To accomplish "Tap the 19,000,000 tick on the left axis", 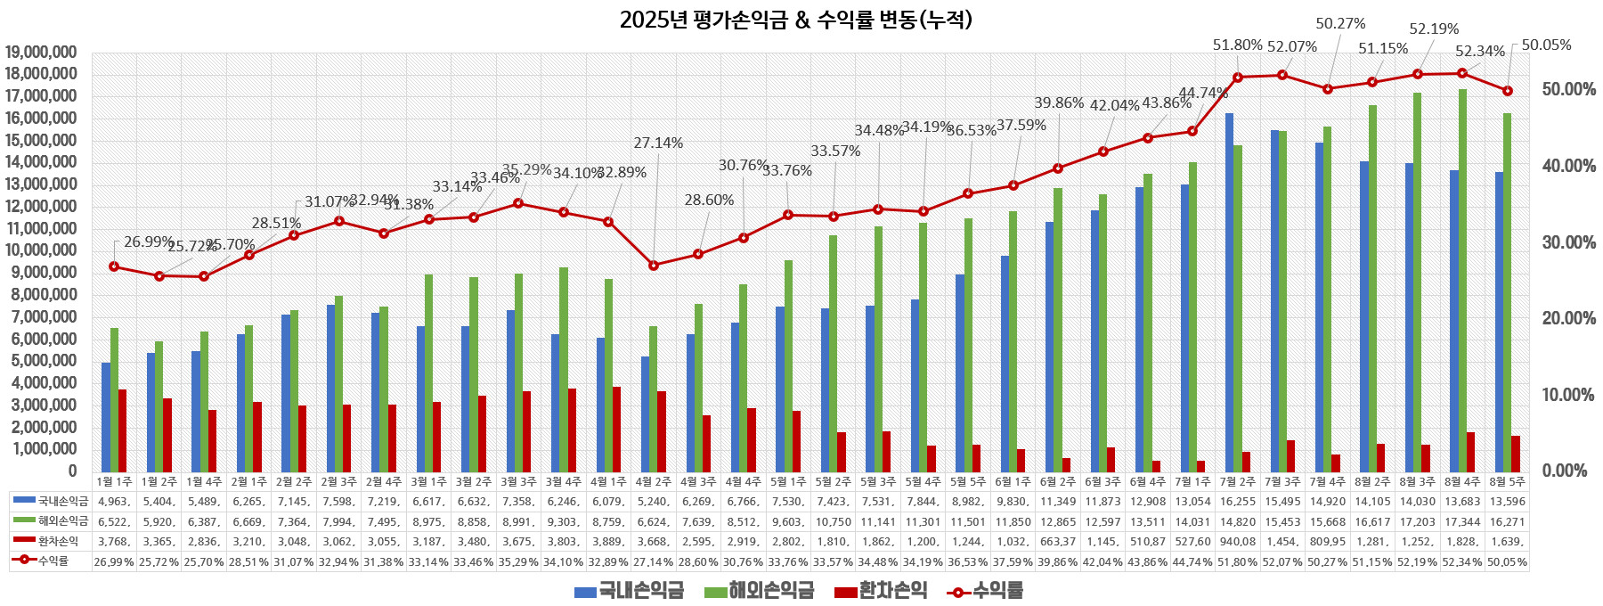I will pos(53,53).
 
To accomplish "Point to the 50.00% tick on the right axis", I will pos(1568,89).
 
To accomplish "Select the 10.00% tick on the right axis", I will pos(1568,395).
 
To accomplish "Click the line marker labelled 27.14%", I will pos(654,265).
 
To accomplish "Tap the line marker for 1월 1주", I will pos(114,266).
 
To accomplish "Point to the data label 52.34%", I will pos(1479,52).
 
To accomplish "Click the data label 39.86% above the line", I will pos(1058,103).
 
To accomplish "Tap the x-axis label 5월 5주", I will pos(968,481).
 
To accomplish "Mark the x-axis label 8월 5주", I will pos(1507,481).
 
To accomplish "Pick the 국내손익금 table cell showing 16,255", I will pos(1238,502).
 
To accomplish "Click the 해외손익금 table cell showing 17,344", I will pos(1462,521).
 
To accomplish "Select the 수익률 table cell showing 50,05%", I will pos(1507,561).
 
